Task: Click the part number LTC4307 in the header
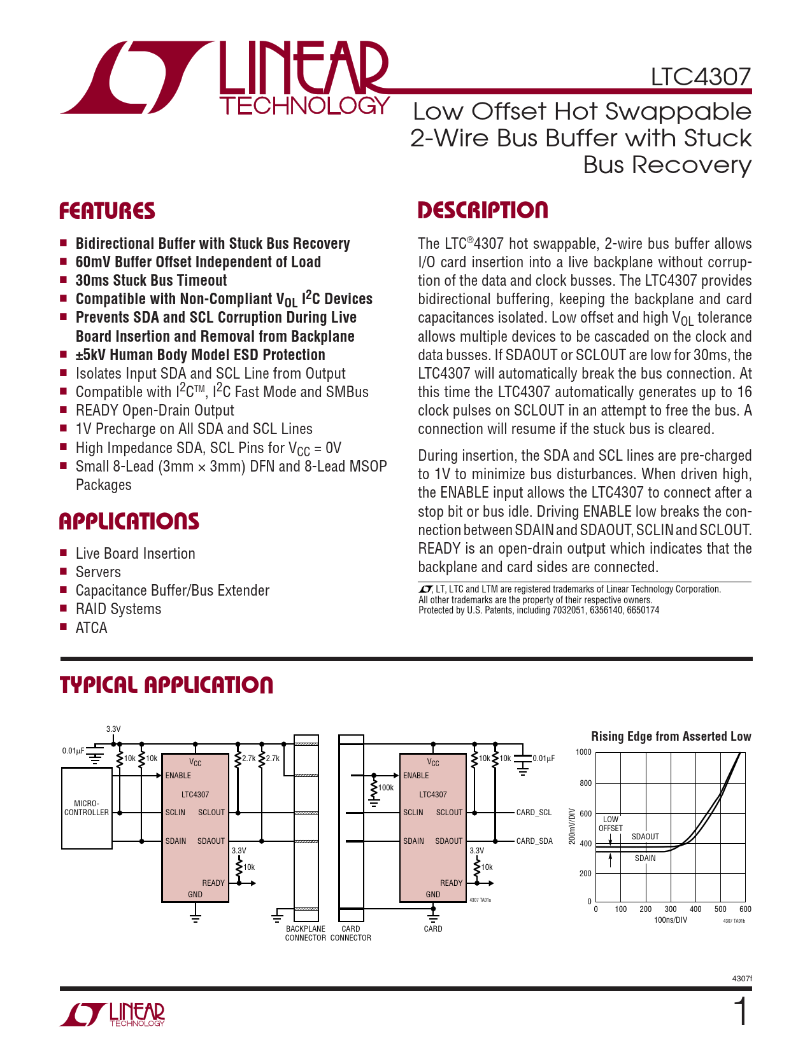(701, 77)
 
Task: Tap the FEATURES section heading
(107, 211)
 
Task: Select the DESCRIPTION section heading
(483, 211)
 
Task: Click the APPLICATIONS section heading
(129, 522)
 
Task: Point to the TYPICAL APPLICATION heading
(166, 685)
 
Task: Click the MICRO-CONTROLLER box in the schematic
(87, 808)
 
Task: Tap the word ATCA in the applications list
(92, 628)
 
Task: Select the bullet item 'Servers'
(98, 572)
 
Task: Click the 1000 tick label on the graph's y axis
(583, 752)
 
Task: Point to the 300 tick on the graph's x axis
(671, 909)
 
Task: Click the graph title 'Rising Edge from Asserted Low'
(671, 736)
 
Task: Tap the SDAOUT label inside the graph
(645, 837)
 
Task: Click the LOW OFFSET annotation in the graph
(611, 824)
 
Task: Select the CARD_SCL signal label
(534, 813)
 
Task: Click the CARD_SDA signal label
(534, 841)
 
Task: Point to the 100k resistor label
(386, 788)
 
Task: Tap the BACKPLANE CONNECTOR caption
(306, 934)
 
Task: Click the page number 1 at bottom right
(741, 1012)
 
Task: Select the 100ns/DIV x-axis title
(671, 920)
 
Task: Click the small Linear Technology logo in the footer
(113, 1014)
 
